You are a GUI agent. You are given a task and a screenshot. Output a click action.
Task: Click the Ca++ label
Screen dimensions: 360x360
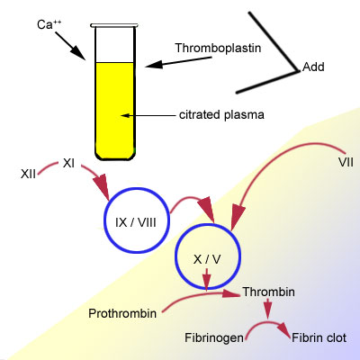pyautogui.click(x=49, y=24)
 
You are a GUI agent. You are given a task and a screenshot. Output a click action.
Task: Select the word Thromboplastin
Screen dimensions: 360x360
pyautogui.click(x=218, y=48)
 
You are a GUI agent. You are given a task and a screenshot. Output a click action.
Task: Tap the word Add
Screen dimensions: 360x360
pyautogui.click(x=313, y=67)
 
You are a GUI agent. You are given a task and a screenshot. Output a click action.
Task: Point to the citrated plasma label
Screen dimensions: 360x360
pyautogui.click(x=221, y=115)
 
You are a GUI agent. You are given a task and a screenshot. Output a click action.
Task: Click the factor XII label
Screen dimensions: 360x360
pyautogui.click(x=28, y=174)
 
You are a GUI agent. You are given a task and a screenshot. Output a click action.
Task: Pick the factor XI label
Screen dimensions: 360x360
pyautogui.click(x=68, y=164)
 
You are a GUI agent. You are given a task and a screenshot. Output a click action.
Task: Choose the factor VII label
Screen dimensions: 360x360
pyautogui.click(x=346, y=163)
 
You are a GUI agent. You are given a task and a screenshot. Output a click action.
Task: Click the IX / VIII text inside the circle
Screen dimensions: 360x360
pyautogui.click(x=136, y=222)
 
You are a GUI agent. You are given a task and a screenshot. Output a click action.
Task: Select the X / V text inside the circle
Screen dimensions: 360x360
pyautogui.click(x=207, y=259)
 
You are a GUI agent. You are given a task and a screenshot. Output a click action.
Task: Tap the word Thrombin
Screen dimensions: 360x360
pyautogui.click(x=269, y=292)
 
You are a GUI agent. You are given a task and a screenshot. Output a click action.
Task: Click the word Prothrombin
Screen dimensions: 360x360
pyautogui.click(x=122, y=313)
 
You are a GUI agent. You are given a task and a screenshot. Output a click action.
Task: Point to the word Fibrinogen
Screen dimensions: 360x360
pyautogui.click(x=214, y=337)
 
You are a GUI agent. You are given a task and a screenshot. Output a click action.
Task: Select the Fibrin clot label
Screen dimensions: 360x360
pyautogui.click(x=319, y=337)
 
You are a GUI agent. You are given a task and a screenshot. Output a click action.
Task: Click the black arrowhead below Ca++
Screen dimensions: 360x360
pyautogui.click(x=78, y=53)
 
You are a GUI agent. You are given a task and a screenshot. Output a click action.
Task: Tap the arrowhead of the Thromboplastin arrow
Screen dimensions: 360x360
pyautogui.click(x=154, y=65)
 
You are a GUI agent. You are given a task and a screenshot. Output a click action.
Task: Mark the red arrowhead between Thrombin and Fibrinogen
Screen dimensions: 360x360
pyautogui.click(x=267, y=310)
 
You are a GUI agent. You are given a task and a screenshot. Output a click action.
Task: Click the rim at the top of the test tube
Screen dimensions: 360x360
pyautogui.click(x=114, y=25)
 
